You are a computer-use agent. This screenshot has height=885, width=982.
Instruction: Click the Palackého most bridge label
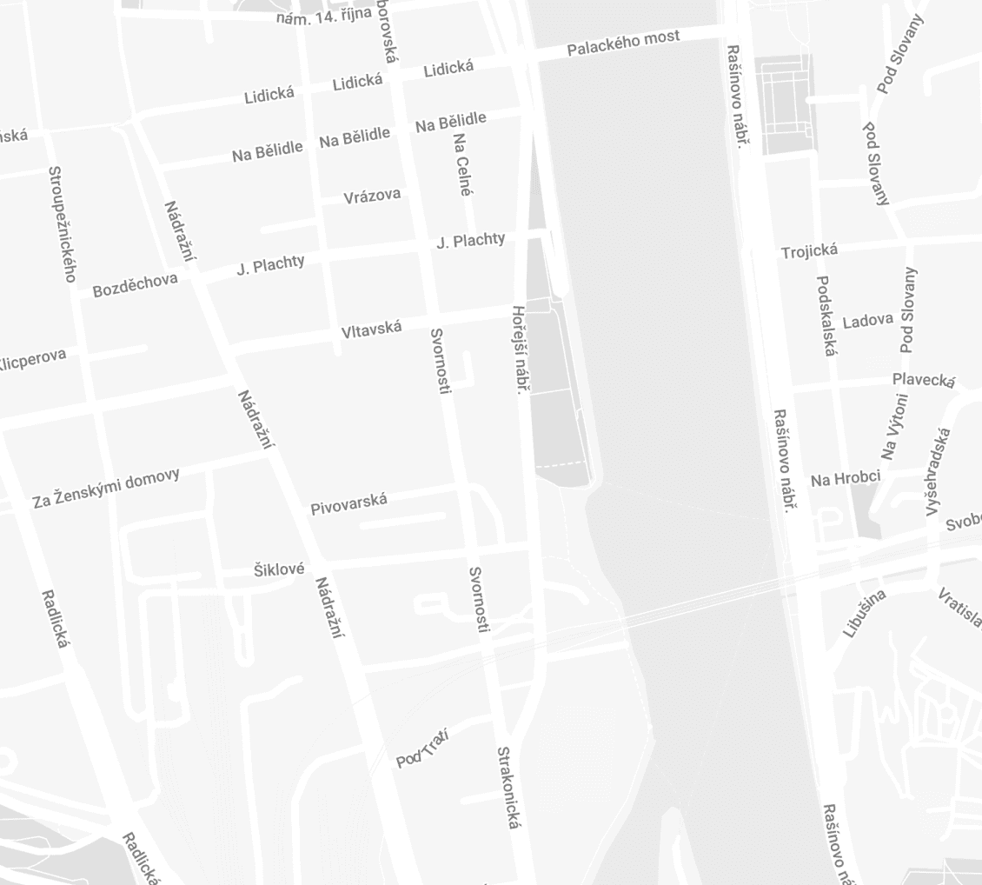(623, 43)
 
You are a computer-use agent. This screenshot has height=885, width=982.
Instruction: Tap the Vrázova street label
(372, 196)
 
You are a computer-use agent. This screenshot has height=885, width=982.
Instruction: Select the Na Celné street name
(462, 163)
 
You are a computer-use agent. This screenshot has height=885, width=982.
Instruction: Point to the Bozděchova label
(135, 284)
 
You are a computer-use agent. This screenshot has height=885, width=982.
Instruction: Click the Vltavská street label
(371, 329)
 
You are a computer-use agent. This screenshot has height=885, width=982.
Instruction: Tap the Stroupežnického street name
(61, 224)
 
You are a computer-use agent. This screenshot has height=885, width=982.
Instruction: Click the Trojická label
(809, 252)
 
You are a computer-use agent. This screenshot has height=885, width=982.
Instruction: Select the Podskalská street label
(826, 316)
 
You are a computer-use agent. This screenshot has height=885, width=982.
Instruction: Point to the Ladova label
(867, 321)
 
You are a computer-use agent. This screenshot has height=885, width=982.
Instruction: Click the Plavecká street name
(924, 380)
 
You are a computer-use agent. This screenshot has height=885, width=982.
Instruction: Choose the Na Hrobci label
(845, 478)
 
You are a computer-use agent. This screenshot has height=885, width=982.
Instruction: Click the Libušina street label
(864, 613)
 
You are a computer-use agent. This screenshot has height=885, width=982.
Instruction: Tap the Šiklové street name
(279, 569)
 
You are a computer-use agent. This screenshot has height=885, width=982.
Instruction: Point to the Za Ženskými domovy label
(106, 488)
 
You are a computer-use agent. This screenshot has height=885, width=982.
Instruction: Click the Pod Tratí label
(421, 749)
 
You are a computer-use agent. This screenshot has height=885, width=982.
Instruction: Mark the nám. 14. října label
(324, 15)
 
